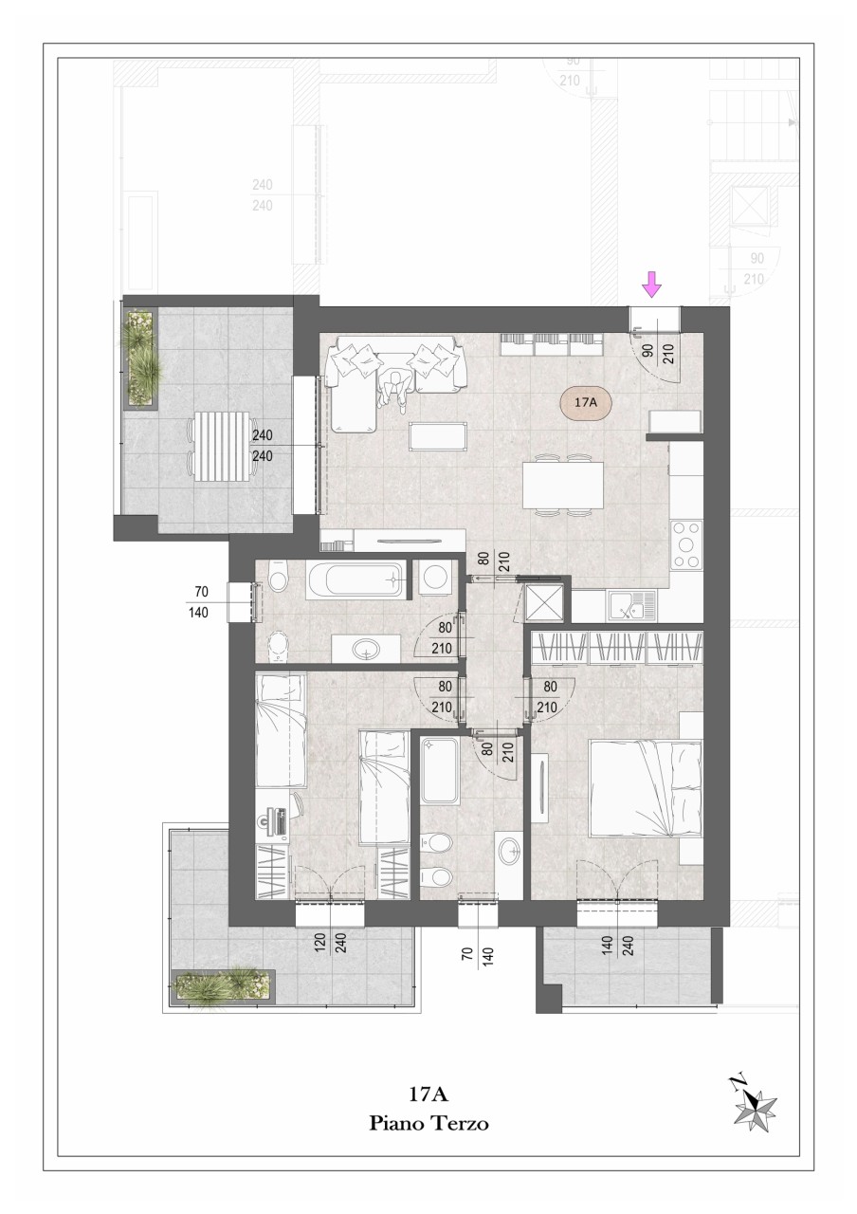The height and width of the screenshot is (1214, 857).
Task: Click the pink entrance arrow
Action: pyautogui.click(x=651, y=284)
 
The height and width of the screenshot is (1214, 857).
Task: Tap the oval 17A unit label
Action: pyautogui.click(x=586, y=403)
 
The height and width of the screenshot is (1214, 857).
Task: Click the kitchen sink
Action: pyautogui.click(x=631, y=605)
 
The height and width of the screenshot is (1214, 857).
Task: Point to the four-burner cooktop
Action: pyautogui.click(x=685, y=545)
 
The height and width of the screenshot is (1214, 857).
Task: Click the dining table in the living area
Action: pyautogui.click(x=563, y=485)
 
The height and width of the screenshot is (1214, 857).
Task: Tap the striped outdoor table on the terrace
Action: pyautogui.click(x=221, y=445)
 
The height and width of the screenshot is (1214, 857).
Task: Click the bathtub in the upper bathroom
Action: pyautogui.click(x=355, y=579)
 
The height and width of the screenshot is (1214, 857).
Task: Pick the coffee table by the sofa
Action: pyautogui.click(x=438, y=435)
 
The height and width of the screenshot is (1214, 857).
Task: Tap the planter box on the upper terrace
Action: pyautogui.click(x=142, y=359)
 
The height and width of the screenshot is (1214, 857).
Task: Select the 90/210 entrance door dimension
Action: pyautogui.click(x=657, y=350)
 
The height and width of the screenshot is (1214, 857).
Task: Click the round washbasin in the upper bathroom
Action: pyautogui.click(x=366, y=648)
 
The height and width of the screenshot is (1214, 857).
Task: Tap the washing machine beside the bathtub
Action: pyautogui.click(x=434, y=578)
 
